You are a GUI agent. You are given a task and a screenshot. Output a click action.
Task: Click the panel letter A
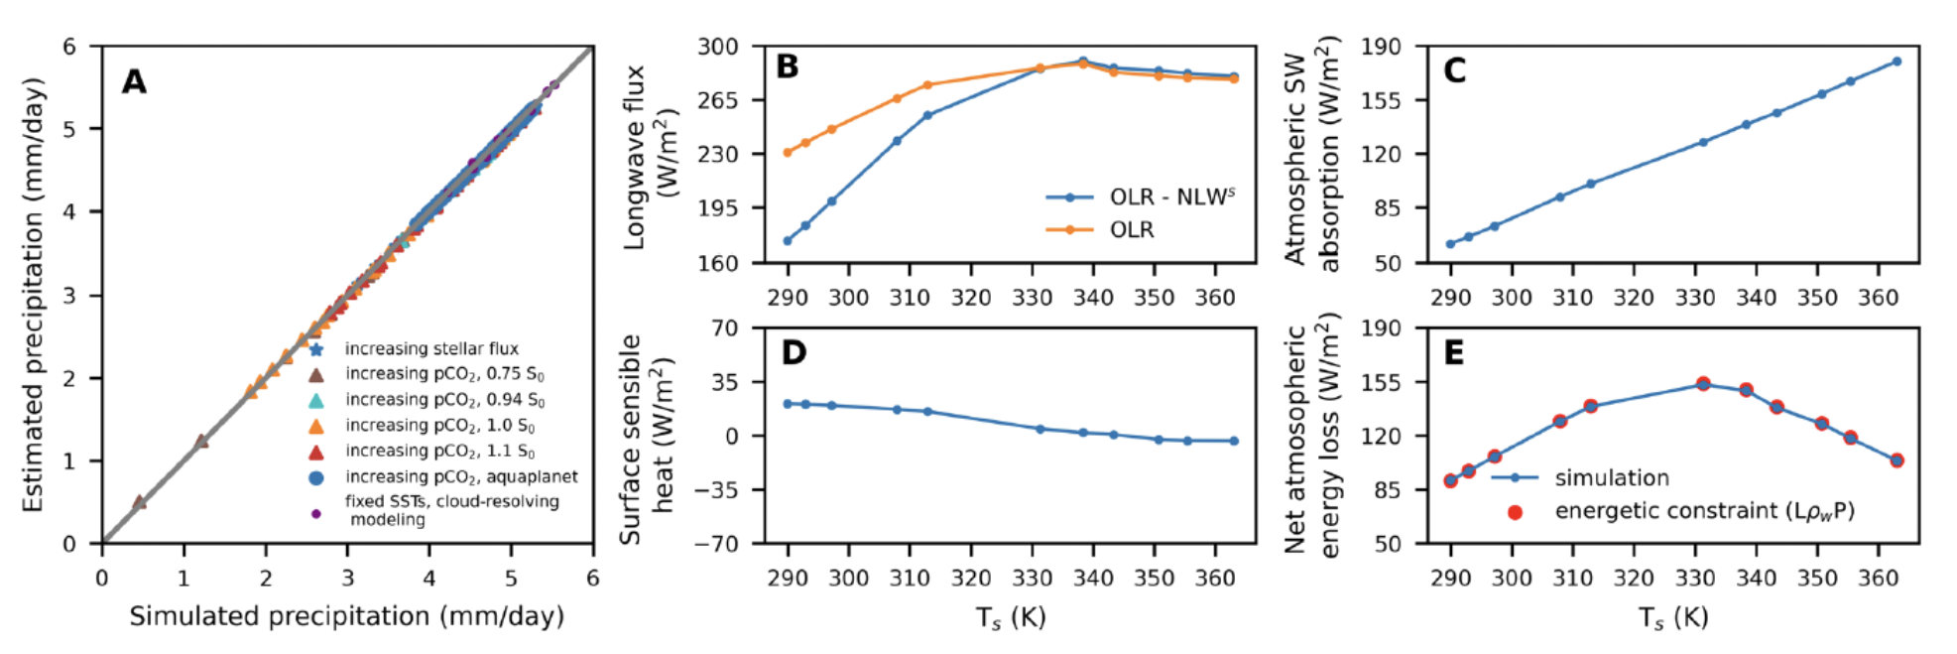[134, 81]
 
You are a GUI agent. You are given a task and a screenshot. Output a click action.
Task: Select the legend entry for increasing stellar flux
[431, 349]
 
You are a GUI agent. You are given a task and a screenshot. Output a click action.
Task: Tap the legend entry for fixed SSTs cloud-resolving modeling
[451, 510]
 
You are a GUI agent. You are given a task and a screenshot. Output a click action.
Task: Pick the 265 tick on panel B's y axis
[717, 100]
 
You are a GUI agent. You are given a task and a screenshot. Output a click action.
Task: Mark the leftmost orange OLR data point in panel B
[788, 153]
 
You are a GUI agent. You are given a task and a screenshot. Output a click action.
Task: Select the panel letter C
[1454, 71]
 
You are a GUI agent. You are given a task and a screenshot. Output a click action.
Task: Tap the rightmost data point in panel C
[1896, 62]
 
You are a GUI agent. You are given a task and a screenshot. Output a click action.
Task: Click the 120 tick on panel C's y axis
[1381, 154]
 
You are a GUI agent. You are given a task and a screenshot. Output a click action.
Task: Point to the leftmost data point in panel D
[788, 404]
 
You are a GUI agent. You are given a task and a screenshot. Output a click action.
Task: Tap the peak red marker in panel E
[1703, 384]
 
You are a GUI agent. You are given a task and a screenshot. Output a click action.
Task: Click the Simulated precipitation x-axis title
[346, 616]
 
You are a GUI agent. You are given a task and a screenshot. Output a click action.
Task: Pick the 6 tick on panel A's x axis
[592, 578]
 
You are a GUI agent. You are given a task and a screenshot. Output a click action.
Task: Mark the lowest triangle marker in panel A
[140, 502]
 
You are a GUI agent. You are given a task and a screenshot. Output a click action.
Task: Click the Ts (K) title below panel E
[1673, 618]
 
